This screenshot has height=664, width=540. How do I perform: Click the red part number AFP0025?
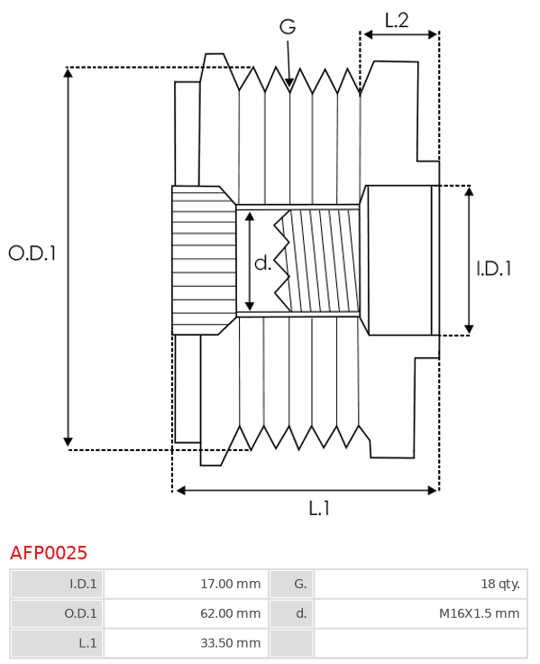point(49,553)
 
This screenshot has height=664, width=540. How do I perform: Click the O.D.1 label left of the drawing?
point(32,254)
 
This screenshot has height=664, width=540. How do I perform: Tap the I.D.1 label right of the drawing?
point(494,269)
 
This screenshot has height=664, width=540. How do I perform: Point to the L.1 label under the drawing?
point(319,508)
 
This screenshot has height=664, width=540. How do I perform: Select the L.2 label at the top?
point(397,21)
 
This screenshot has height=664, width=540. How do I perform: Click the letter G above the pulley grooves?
point(288,27)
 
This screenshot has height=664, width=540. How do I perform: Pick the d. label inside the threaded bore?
point(262,263)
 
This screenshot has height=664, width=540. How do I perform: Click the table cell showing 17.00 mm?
point(187,584)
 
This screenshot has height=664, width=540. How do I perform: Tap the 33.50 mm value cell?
point(187,643)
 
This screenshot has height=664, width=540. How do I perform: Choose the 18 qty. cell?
point(421,584)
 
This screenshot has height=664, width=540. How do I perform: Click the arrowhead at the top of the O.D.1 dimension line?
point(68,72)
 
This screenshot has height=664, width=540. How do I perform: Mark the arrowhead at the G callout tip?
point(289,82)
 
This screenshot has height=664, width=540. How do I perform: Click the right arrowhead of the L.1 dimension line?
point(433,491)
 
